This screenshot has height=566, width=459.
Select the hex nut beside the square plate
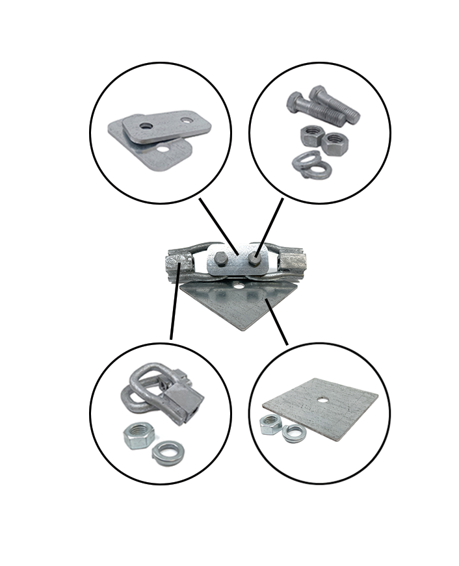(x=270, y=425)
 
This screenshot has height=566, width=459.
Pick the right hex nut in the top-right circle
(x=335, y=138)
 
